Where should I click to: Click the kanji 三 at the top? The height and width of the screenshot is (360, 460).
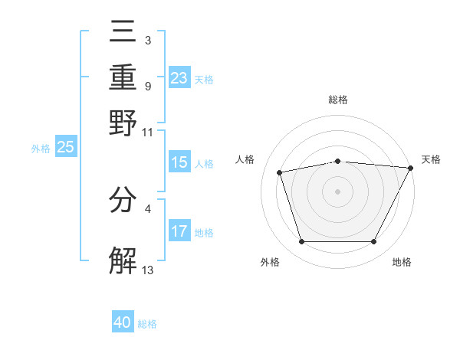pos(123,34)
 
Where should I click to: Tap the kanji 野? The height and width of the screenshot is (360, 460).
pos(123,123)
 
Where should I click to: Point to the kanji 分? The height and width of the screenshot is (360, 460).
pos(123,200)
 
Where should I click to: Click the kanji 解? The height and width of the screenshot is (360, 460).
pos(123,260)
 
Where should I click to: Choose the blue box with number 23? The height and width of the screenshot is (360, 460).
pos(179,77)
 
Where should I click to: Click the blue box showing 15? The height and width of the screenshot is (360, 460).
pos(179,162)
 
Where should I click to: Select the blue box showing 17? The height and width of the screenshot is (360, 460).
pos(179,231)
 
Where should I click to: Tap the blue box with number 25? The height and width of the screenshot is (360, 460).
pos(65,147)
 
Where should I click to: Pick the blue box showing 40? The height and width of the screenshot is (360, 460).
pos(123,322)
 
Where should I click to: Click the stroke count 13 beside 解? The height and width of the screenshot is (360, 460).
pos(148,270)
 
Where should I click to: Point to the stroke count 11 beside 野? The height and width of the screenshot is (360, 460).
pos(148,131)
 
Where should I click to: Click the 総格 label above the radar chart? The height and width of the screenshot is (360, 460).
pos(337,100)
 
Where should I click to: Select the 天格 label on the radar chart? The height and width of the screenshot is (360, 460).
pos(431,159)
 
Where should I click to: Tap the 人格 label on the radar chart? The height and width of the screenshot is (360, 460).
pos(245,159)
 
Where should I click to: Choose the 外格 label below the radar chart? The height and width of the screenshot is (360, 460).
pos(270,263)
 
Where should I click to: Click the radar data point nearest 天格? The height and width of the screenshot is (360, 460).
pos(411,168)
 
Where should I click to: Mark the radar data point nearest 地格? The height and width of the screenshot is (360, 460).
pos(373,242)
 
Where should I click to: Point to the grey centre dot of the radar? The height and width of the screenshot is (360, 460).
pos(337,191)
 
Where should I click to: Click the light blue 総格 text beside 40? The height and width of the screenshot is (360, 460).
pos(147,324)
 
